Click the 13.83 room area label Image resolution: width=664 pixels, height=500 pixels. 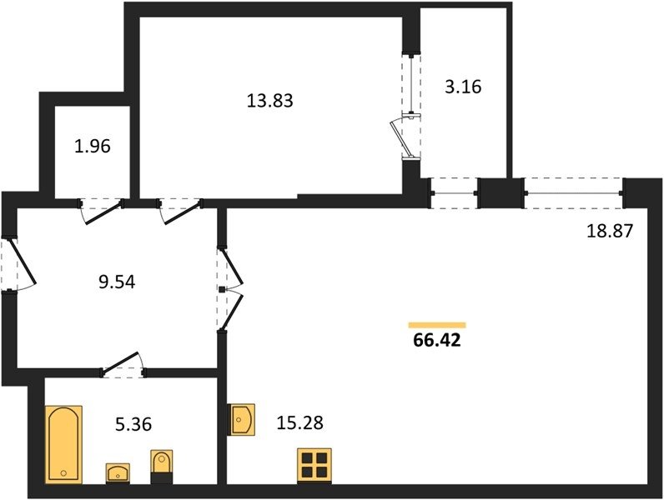click(x=269, y=101)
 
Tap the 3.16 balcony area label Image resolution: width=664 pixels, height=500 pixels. click(x=463, y=87)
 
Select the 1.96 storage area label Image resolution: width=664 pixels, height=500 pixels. click(x=93, y=147)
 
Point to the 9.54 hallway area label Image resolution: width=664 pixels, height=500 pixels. click(x=117, y=282)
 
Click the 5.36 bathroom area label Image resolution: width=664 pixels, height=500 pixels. click(x=133, y=424)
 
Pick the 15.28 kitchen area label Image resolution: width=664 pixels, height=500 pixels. click(x=299, y=422)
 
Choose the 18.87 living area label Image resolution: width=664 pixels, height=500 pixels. click(x=610, y=231)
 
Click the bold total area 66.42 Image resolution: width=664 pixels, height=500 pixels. click(x=436, y=340)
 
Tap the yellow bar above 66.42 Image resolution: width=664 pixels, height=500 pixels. click(x=437, y=325)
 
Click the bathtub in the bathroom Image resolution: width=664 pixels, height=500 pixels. click(x=63, y=444)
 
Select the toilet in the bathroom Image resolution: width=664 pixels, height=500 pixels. click(x=162, y=467)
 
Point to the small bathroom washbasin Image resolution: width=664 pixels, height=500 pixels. click(x=118, y=473)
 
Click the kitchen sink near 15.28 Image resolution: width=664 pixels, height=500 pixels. click(x=241, y=420)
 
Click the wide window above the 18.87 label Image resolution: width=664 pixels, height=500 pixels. click(x=573, y=193)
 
